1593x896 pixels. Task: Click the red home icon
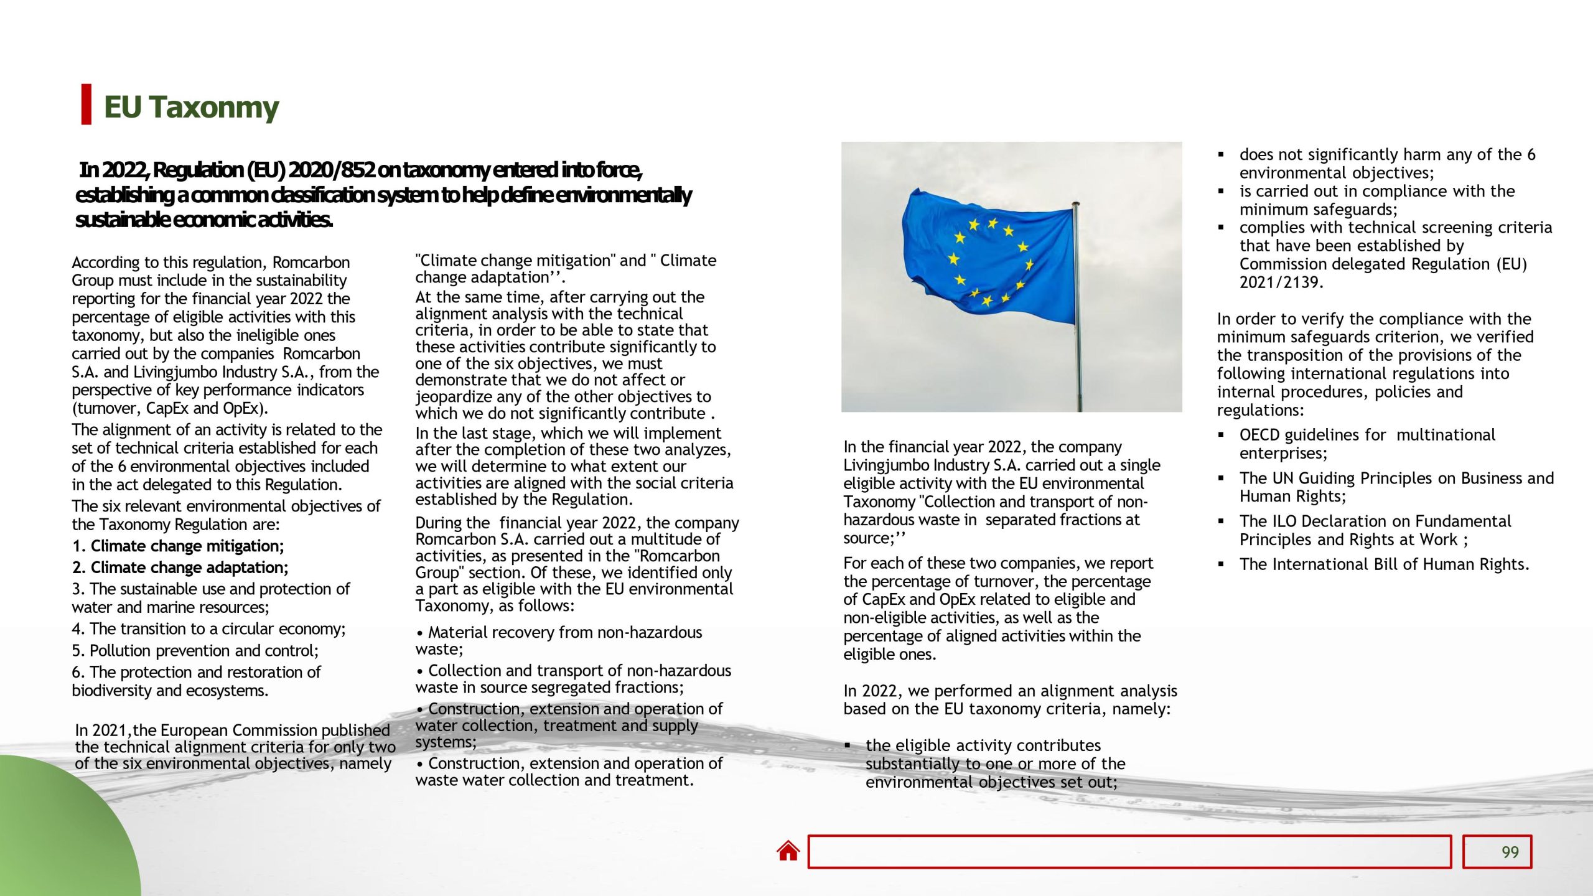pyautogui.click(x=788, y=851)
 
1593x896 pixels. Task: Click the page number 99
pyautogui.click(x=1510, y=852)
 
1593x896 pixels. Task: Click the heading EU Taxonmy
pyautogui.click(x=191, y=107)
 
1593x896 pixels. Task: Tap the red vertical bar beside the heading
pyautogui.click(x=86, y=105)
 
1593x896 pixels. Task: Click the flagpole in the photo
pyautogui.click(x=1077, y=311)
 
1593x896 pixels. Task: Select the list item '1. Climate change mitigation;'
pyautogui.click(x=178, y=546)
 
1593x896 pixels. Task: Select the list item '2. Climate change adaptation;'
pyautogui.click(x=180, y=567)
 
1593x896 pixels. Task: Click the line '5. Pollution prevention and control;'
pyautogui.click(x=195, y=651)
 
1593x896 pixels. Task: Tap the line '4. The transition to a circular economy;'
pyautogui.click(x=208, y=629)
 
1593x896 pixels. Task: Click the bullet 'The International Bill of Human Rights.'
pyautogui.click(x=1383, y=564)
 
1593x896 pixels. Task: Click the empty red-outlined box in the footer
pyautogui.click(x=1129, y=852)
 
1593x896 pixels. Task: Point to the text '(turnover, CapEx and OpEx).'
pyautogui.click(x=170, y=409)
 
